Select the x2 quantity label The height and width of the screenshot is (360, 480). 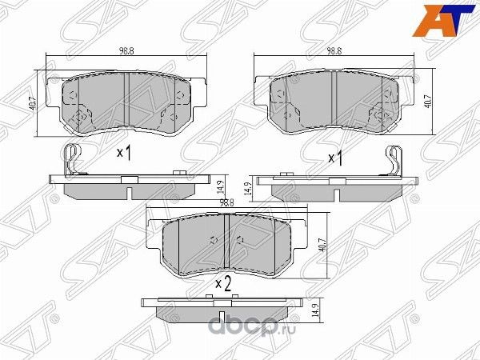pyautogui.click(x=223, y=282)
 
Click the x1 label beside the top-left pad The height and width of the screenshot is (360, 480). pyautogui.click(x=124, y=152)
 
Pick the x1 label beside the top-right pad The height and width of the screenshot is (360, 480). pyautogui.click(x=335, y=158)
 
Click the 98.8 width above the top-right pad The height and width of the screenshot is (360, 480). pyautogui.click(x=334, y=50)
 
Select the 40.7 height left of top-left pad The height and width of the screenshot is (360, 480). pyautogui.click(x=30, y=103)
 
